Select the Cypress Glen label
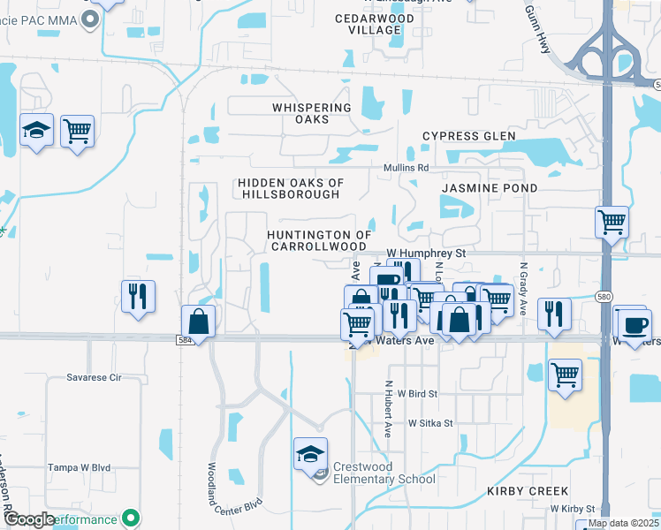pos(467,136)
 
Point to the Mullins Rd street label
pos(406,168)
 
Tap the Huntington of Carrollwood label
pos(318,240)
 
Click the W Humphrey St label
pos(426,254)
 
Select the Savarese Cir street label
pos(94,377)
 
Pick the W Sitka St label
pos(430,423)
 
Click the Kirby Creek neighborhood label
pos(526,490)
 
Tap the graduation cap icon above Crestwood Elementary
pos(310,454)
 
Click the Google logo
pos(31,520)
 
